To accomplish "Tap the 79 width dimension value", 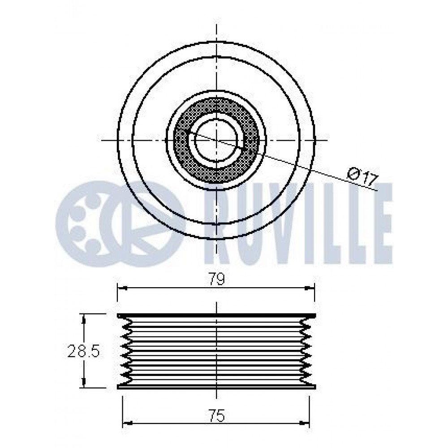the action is [x=217, y=280].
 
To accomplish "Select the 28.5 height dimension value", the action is [x=83, y=351].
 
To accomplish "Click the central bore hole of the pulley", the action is [x=216, y=141].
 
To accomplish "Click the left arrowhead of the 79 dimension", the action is [x=122, y=288].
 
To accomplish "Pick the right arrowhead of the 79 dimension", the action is [x=310, y=288].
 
